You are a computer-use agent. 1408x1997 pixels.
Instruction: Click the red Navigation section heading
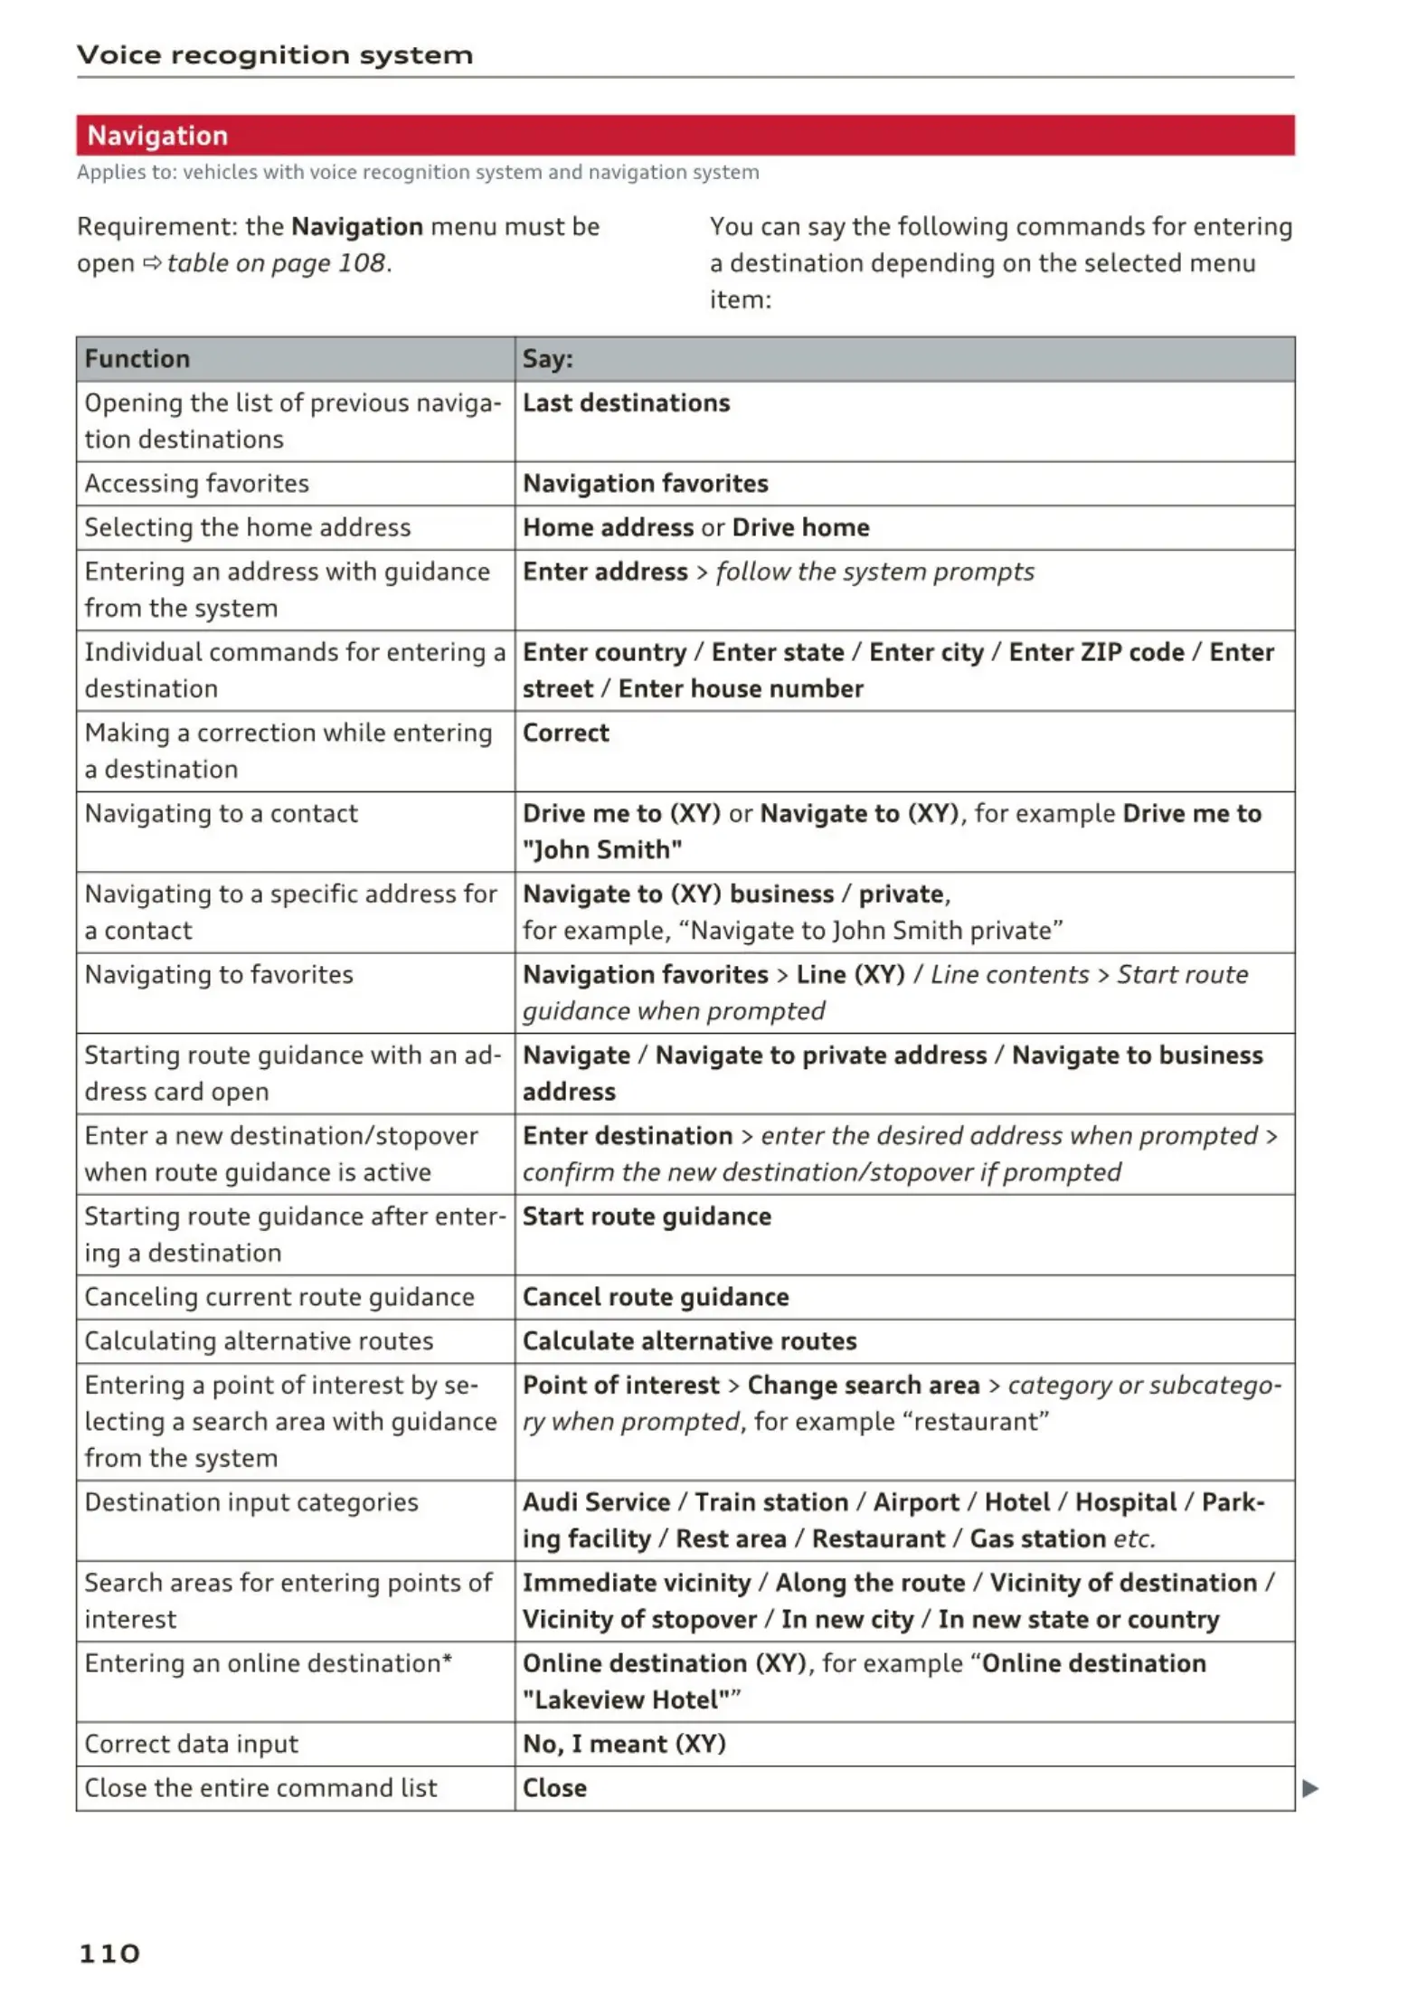pos(157,136)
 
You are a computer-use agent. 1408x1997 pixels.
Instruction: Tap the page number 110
pos(109,1953)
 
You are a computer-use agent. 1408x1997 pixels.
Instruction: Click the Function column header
pos(137,359)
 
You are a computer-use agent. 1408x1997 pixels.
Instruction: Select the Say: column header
pos(548,359)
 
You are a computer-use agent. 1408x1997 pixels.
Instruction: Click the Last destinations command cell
pos(626,403)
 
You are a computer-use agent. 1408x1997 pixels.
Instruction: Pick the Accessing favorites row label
pos(197,484)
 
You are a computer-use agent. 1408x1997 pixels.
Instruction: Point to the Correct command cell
pos(566,733)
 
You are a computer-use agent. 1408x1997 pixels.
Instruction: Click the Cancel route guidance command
pos(656,1297)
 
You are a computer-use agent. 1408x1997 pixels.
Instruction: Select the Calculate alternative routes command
pos(689,1341)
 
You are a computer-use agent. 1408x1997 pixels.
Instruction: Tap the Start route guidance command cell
pos(647,1216)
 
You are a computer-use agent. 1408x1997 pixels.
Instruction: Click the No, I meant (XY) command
pos(624,1744)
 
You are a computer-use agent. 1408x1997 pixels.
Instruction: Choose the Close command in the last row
pos(554,1788)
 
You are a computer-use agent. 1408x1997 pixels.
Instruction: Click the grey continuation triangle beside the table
pos(1309,1788)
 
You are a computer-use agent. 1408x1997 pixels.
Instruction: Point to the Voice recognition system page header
pos(275,55)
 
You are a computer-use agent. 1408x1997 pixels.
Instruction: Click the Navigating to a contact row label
pos(222,814)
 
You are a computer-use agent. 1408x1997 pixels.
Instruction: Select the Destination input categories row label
pos(251,1502)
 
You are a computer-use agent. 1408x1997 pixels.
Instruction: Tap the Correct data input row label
pos(192,1744)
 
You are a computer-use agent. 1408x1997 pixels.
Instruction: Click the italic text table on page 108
pos(277,263)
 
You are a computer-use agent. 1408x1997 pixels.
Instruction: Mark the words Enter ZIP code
pos(1096,652)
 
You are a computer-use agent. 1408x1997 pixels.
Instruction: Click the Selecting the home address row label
pos(248,528)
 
